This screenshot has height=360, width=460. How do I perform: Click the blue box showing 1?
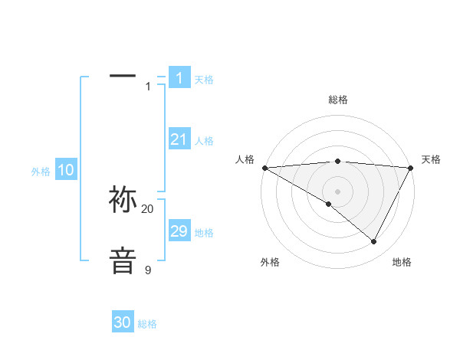[x=179, y=78]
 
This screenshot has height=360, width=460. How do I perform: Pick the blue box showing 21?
[x=179, y=139]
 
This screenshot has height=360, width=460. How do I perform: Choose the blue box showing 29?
[x=179, y=231]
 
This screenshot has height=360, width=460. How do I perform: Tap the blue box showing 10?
[x=66, y=170]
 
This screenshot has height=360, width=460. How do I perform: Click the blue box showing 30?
[x=123, y=323]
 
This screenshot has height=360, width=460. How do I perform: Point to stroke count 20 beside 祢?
[x=148, y=209]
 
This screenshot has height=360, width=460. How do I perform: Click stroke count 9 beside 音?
[x=148, y=270]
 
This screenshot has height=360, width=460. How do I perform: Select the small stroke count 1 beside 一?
[x=148, y=87]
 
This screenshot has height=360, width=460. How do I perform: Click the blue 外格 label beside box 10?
[x=41, y=172]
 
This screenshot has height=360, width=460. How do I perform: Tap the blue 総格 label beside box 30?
[x=147, y=325]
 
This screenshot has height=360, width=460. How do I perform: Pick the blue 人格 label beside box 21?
[x=204, y=141]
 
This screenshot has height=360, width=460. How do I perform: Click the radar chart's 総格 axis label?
[x=337, y=100]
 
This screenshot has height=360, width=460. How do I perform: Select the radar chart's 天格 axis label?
[x=432, y=159]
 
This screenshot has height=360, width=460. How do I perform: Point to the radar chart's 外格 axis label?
[x=270, y=263]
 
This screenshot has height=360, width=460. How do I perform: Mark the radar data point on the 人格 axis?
[x=264, y=168]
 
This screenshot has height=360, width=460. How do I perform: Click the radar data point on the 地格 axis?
[x=374, y=242]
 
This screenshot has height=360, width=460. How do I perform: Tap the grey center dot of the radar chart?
[x=337, y=191]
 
